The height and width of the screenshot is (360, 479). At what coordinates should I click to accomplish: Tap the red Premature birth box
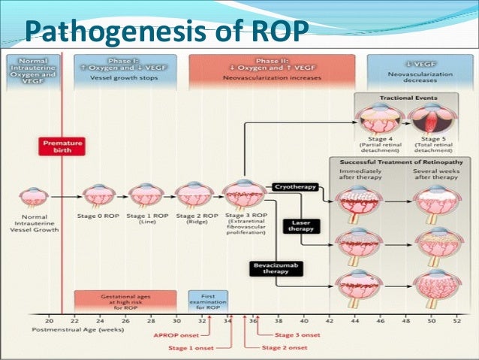point(63,146)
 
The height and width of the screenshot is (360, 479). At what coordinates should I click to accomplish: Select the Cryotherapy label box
point(294,186)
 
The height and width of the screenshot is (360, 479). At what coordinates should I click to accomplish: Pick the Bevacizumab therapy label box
point(275,269)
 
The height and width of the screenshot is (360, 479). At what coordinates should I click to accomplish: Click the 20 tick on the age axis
point(49,319)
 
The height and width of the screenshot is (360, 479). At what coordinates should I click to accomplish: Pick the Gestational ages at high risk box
point(125,302)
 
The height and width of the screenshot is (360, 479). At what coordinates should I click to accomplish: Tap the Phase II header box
point(273,69)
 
